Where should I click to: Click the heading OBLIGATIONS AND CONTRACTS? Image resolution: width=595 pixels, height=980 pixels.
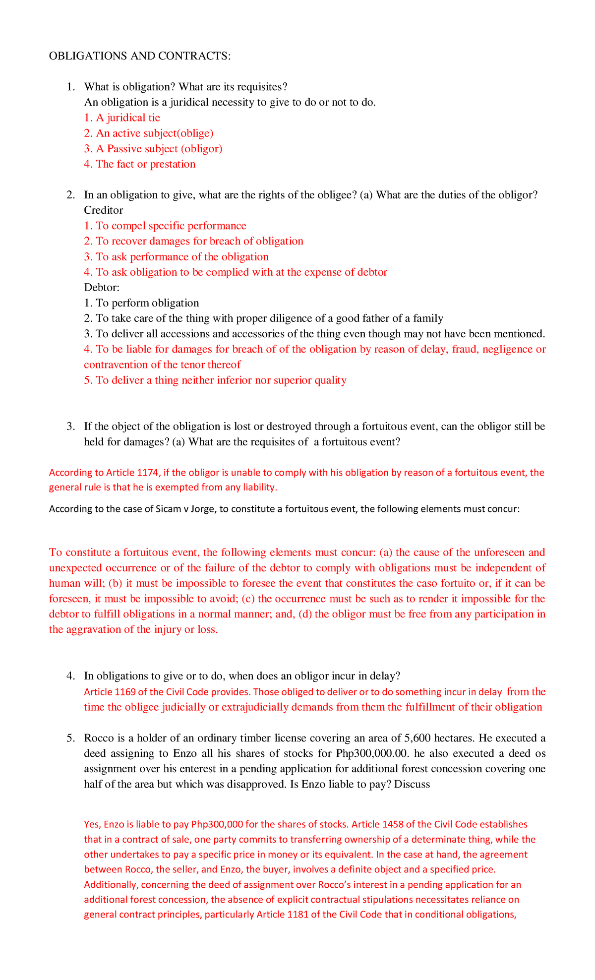(x=139, y=56)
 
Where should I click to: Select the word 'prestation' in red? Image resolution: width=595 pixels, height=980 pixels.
(x=173, y=164)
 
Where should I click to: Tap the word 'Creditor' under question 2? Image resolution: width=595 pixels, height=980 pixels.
(x=104, y=210)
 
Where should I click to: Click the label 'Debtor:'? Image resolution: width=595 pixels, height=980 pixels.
(x=102, y=288)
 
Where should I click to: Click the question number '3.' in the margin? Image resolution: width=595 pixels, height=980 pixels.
(x=70, y=427)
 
